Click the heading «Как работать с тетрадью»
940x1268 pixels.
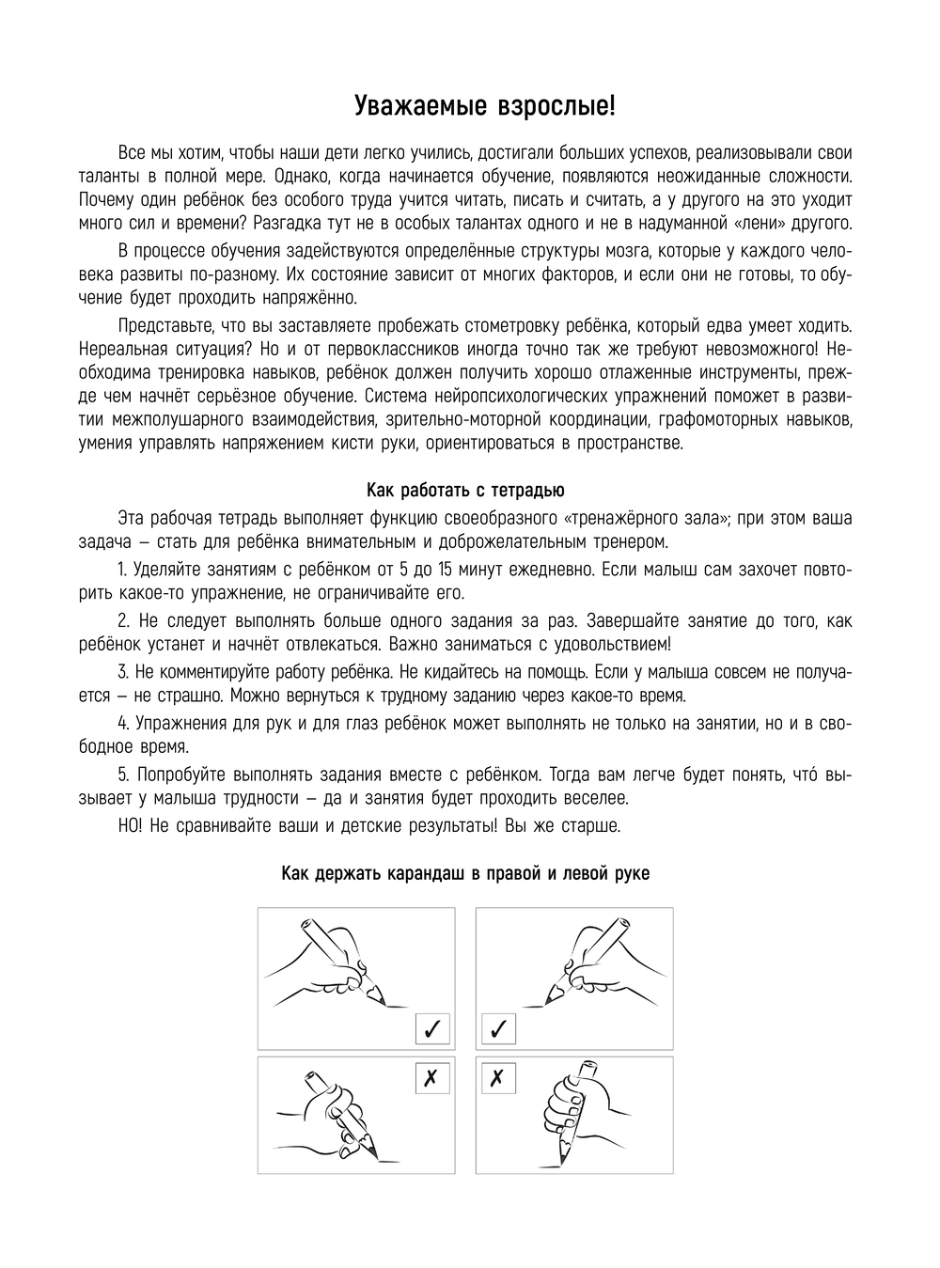[x=465, y=491]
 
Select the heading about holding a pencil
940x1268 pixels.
[x=465, y=873]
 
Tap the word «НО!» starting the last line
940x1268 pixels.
[x=133, y=825]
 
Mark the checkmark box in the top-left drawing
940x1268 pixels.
[x=432, y=1028]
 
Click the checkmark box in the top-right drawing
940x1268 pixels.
[x=498, y=1028]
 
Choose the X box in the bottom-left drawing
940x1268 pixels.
[x=432, y=1078]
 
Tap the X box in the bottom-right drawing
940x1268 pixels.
[x=498, y=1078]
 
